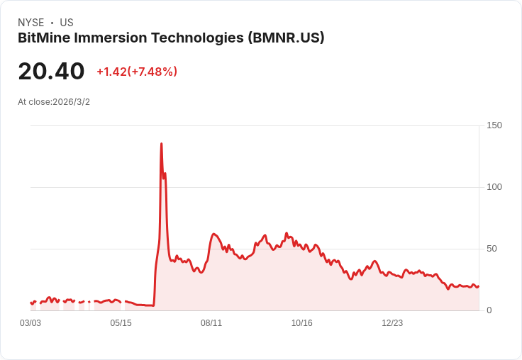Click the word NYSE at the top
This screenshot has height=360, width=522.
[31, 23]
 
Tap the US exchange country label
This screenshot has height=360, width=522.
[67, 23]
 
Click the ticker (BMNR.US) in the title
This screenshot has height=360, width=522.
[286, 38]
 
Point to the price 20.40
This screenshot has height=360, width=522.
[51, 72]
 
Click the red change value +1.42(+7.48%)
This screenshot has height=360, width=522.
[137, 72]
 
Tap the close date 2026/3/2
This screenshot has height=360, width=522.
[72, 102]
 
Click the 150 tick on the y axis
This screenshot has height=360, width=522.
[494, 125]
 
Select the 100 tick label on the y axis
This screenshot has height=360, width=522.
[494, 187]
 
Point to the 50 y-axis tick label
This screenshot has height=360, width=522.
[492, 249]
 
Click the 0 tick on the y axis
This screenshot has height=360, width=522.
[489, 310]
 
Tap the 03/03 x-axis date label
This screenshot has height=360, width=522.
[30, 323]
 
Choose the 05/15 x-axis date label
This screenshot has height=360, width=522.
[121, 323]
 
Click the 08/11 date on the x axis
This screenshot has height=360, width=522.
[211, 323]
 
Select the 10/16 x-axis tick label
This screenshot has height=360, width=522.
[301, 323]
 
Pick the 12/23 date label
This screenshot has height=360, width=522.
[392, 323]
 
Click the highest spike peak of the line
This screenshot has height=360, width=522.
[161, 144]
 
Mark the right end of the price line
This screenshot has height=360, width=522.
[479, 286]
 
